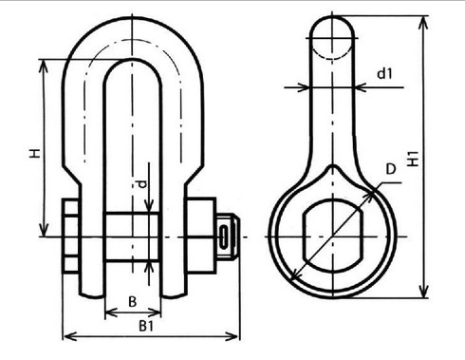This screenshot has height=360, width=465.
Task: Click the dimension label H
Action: tap(34, 153)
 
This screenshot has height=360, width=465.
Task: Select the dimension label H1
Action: tap(413, 159)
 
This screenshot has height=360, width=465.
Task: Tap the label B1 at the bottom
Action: tap(146, 326)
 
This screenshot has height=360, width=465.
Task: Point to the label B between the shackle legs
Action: tap(133, 301)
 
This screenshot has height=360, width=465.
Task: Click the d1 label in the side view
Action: tap(384, 73)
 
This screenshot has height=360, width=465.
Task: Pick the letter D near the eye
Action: tap(391, 169)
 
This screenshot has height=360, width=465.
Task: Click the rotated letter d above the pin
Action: tap(142, 184)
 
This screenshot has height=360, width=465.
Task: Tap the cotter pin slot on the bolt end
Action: tap(224, 237)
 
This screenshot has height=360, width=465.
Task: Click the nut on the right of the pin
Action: tap(201, 236)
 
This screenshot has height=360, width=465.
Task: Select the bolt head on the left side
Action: tap(70, 236)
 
